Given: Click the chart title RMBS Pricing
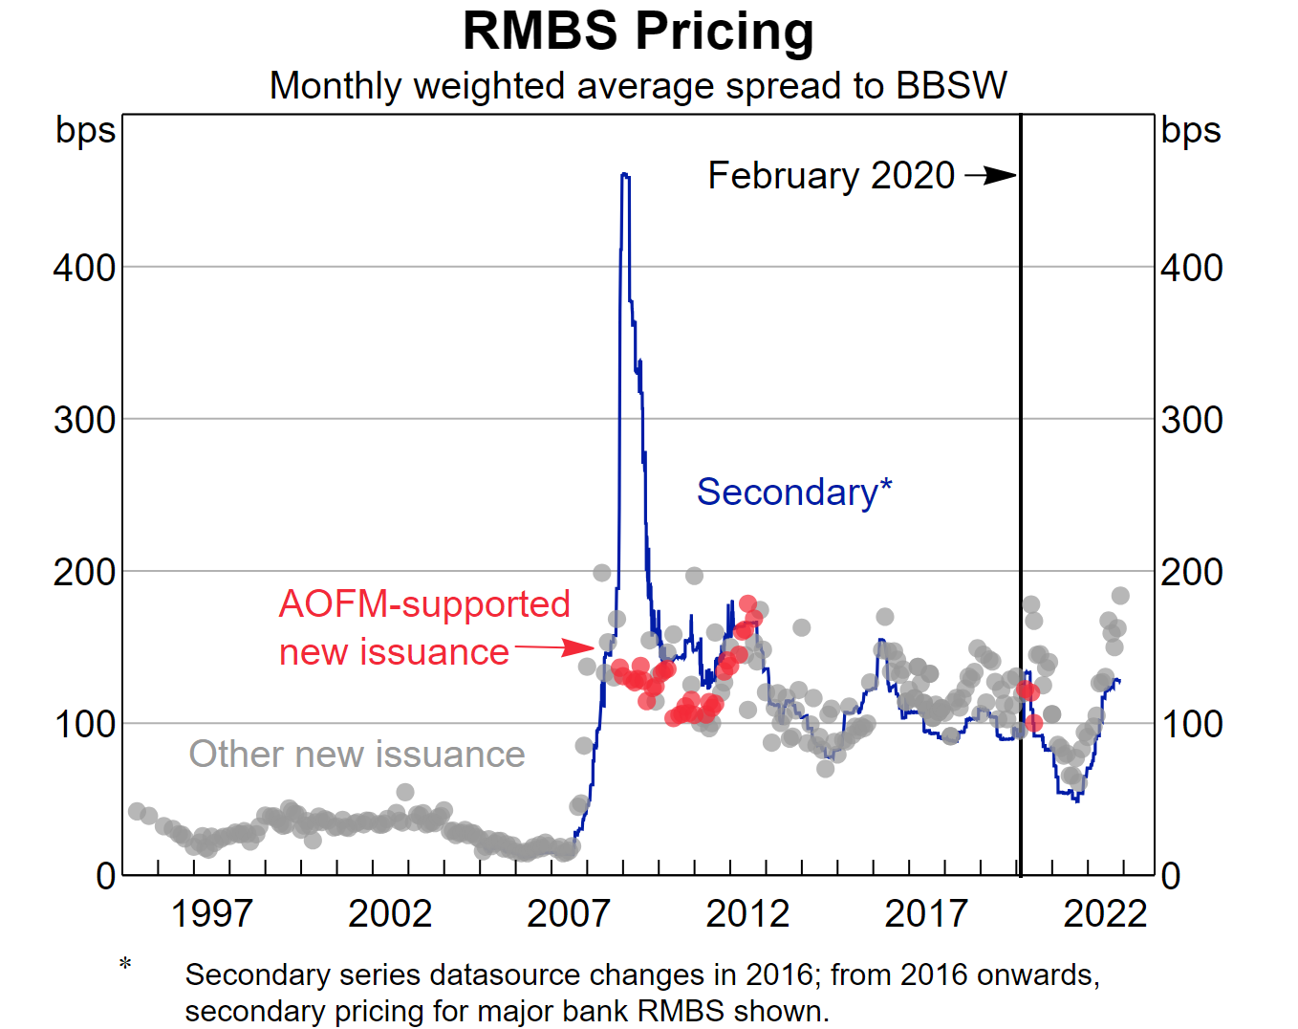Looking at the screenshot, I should click(x=638, y=31).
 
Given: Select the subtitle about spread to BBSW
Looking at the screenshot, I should click(x=638, y=86).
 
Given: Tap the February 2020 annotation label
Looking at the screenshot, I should click(x=831, y=176).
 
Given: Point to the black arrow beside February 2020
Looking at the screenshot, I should click(x=991, y=176).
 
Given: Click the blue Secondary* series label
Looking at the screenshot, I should click(x=793, y=493).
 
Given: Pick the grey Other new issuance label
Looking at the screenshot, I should click(x=357, y=755).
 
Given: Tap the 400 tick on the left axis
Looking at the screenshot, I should click(x=84, y=268).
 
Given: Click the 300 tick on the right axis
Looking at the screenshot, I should click(x=1191, y=420).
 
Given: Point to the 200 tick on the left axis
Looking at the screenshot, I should click(x=84, y=572).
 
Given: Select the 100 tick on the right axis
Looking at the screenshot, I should click(x=1191, y=724).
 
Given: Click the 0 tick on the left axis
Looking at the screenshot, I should click(x=105, y=876).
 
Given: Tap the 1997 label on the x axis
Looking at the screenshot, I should click(x=211, y=914).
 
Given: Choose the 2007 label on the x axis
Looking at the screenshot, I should click(x=569, y=914).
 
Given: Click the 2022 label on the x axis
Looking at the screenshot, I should click(x=1105, y=914).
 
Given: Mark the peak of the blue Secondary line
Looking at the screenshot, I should click(x=624, y=174).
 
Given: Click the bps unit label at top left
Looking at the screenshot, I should click(x=85, y=130).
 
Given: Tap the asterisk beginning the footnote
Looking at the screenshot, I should click(x=125, y=964).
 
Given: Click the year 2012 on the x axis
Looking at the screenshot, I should click(x=747, y=914).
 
